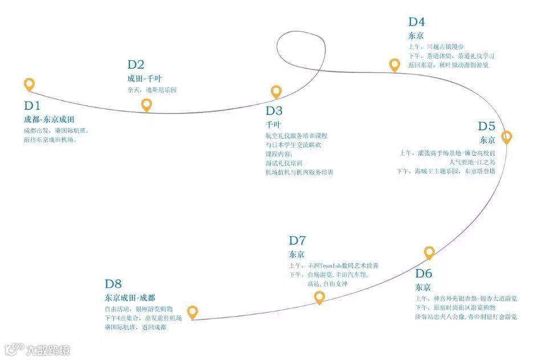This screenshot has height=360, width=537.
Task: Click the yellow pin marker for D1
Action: click(29, 84)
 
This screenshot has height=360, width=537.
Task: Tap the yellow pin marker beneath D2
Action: click(147, 104)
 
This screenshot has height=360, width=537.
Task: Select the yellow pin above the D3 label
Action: click(276, 91)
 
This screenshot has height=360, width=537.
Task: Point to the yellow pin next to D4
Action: click(394, 64)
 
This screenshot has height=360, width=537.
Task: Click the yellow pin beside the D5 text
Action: click(506, 137)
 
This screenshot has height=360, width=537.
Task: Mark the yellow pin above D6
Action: click(429, 252)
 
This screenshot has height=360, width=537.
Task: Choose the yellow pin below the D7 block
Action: click(319, 297)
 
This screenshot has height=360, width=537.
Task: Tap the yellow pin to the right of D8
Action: click(193, 312)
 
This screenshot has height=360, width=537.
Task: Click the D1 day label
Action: click(32, 106)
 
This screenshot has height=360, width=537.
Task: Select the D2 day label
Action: click(136, 65)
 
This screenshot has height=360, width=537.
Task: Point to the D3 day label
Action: click(274, 111)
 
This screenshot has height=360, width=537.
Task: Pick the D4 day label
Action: click(416, 22)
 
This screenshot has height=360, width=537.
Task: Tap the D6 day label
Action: click(424, 273)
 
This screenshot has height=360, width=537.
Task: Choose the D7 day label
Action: click(298, 240)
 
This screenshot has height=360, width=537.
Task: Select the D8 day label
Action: click(113, 284)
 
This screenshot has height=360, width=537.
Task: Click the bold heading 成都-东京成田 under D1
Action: click(49, 120)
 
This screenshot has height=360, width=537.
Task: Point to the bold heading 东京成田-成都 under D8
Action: click(129, 298)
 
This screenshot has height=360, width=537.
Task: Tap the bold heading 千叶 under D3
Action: click(273, 124)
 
